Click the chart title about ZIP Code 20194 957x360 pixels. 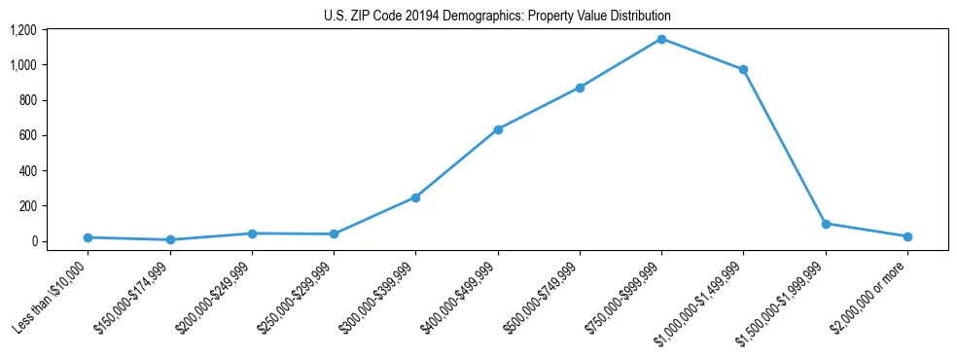coord(497,17)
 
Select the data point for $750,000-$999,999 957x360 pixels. coord(661,39)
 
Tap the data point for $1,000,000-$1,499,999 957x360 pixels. coord(743,70)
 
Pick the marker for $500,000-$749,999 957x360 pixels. coord(580,88)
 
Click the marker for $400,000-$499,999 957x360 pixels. coord(498,129)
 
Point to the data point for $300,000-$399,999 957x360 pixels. coord(415,198)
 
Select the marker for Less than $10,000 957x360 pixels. coord(88,237)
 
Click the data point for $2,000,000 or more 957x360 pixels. coord(907,236)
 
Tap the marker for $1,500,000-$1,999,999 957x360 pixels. coord(826,224)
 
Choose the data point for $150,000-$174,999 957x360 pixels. coord(170,239)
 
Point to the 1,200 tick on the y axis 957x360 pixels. coord(23,30)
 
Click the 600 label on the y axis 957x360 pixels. coord(27,135)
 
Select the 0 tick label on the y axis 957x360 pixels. coord(33,241)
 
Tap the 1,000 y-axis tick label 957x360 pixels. coord(23,65)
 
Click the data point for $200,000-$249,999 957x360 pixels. coord(252,234)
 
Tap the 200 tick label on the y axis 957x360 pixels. coord(27,206)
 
